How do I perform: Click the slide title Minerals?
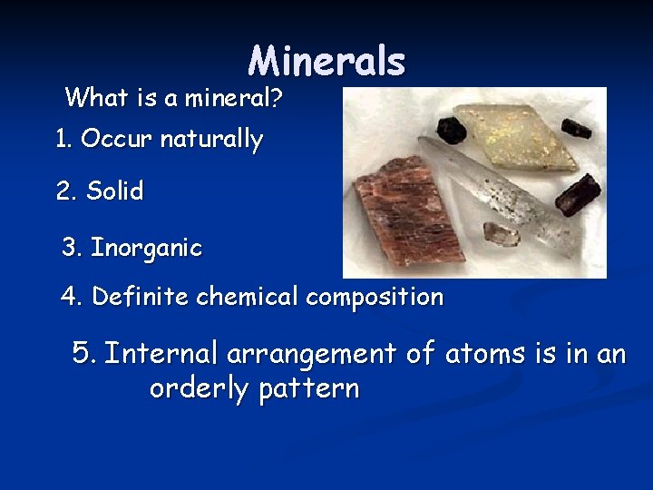326,61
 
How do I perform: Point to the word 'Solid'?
115,191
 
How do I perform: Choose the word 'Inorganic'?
147,248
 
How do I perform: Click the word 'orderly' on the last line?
200,388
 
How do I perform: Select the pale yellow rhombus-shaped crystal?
517,136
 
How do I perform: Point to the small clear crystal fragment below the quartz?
501,235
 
